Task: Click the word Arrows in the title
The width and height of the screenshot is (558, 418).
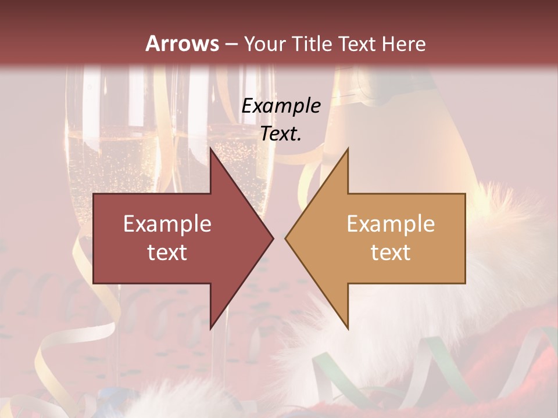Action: click(182, 44)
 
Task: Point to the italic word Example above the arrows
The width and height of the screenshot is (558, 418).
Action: click(281, 106)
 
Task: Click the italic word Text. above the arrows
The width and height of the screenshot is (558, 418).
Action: click(281, 134)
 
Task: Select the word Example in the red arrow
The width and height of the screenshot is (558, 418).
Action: click(167, 224)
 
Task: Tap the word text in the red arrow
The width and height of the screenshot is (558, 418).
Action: click(167, 253)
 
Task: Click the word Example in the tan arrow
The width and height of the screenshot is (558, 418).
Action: click(391, 224)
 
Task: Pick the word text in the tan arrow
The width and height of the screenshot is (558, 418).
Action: click(391, 253)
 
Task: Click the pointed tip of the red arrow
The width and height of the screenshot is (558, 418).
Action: click(273, 238)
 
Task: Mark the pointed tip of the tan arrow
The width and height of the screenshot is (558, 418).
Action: click(285, 238)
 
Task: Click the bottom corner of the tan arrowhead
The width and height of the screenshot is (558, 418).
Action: click(348, 329)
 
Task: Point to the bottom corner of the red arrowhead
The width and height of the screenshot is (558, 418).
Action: click(210, 329)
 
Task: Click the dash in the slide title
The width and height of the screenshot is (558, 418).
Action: click(230, 45)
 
